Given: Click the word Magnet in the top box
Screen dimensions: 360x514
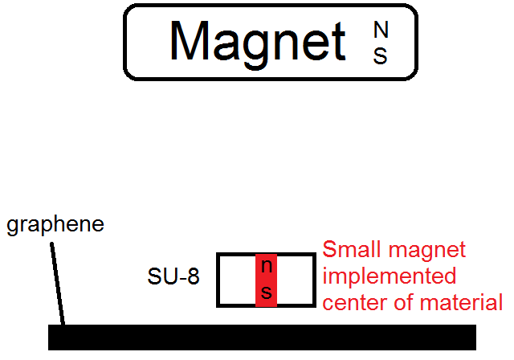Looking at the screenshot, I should click(257, 40).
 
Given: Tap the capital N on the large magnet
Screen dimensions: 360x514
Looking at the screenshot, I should click(381, 30).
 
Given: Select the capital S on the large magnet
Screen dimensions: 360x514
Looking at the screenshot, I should click(381, 55).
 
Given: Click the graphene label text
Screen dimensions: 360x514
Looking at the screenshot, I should click(55, 225).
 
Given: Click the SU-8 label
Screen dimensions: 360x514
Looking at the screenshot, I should click(173, 277).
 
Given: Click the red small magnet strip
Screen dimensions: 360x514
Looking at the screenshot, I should click(267, 280).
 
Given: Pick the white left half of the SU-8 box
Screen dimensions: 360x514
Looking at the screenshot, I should click(237, 280).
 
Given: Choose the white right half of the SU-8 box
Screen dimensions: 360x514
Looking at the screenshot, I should click(295, 280).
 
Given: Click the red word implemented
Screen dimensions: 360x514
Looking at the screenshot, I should click(389, 276).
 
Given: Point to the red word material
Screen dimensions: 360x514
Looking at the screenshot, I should click(463, 303).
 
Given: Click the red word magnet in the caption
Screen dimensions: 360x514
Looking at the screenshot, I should click(427, 250).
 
